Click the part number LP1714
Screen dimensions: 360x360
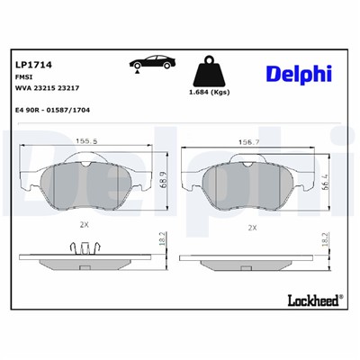click(x=33, y=65)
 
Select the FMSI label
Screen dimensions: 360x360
click(x=24, y=78)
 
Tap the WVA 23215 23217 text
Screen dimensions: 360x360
click(x=47, y=90)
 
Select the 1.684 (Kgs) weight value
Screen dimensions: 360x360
click(x=209, y=94)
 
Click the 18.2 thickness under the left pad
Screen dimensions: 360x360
click(x=162, y=243)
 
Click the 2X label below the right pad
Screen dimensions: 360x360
click(x=253, y=228)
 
